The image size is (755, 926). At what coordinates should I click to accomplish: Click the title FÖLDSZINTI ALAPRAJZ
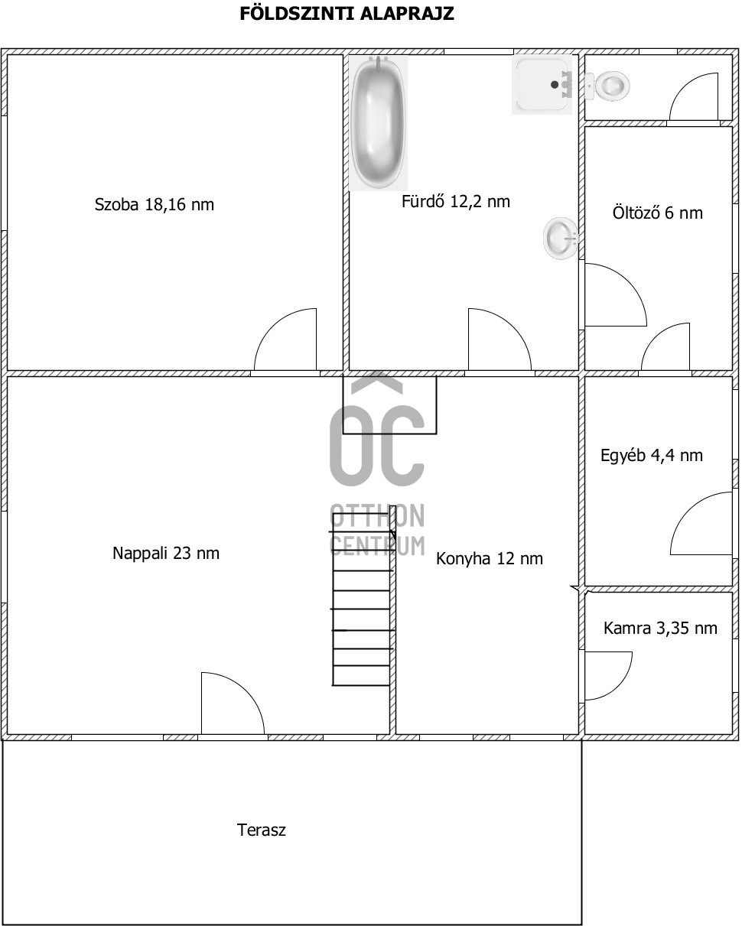pyautogui.click(x=347, y=14)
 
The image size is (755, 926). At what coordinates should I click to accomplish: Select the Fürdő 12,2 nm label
pyautogui.click(x=455, y=202)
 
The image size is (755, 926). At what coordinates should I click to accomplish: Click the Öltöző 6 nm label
pyautogui.click(x=657, y=213)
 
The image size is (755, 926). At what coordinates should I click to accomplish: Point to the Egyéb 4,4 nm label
pyautogui.click(x=651, y=456)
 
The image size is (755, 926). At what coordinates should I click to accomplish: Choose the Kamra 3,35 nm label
pyautogui.click(x=660, y=629)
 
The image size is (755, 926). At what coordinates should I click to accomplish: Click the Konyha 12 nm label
pyautogui.click(x=489, y=559)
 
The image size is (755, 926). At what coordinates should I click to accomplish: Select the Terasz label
pyautogui.click(x=262, y=830)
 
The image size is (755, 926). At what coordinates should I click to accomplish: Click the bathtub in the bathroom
pyautogui.click(x=378, y=123)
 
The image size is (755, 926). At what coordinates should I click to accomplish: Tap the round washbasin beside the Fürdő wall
pyautogui.click(x=560, y=237)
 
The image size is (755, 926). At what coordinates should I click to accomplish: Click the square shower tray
pyautogui.click(x=542, y=85)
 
